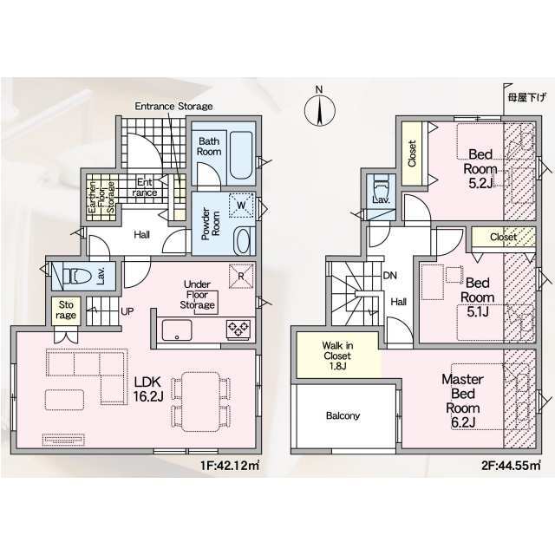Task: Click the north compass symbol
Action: point(320,108)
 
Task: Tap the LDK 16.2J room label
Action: point(148,389)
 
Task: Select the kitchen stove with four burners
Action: point(238,328)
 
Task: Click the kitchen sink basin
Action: point(177,330)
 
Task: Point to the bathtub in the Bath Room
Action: point(241,154)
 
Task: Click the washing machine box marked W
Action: point(241,205)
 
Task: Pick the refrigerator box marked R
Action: point(241,276)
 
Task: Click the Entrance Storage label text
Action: point(173,106)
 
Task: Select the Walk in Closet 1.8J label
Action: point(337,356)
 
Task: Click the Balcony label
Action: point(343,415)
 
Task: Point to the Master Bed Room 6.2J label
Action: point(462,401)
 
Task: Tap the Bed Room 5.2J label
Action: point(480,168)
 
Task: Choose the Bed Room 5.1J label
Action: point(478,297)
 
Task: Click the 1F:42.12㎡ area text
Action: point(230,465)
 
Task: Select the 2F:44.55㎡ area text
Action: point(511,465)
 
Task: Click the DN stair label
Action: point(389,275)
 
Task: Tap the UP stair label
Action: point(127,311)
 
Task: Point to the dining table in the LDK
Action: point(200,402)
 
